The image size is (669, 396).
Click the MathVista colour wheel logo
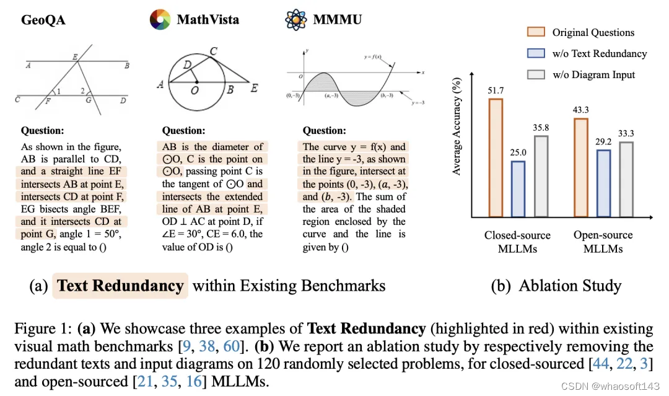pyautogui.click(x=160, y=20)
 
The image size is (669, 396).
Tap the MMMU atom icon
pyautogui.click(x=296, y=20)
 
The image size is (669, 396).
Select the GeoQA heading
pyautogui.click(x=43, y=20)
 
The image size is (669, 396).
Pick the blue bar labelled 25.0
pyautogui.click(x=518, y=189)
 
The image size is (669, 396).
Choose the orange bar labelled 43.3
pyautogui.click(x=581, y=168)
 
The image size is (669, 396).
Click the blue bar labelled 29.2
pyautogui.click(x=602, y=184)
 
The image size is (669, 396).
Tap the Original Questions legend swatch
pyautogui.click(x=535, y=32)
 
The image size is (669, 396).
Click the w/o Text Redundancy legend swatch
pyautogui.click(x=535, y=53)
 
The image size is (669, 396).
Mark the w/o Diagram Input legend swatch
pyautogui.click(x=535, y=74)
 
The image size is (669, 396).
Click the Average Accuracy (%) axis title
pyautogui.click(x=457, y=126)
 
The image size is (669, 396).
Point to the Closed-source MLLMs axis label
pyautogui.click(x=518, y=242)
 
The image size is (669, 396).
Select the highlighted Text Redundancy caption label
pyautogui.click(x=120, y=286)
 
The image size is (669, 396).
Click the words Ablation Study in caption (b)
pyautogui.click(x=569, y=286)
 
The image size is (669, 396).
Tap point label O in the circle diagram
pyautogui.click(x=195, y=90)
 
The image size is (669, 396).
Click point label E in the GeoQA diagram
pyautogui.click(x=75, y=57)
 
